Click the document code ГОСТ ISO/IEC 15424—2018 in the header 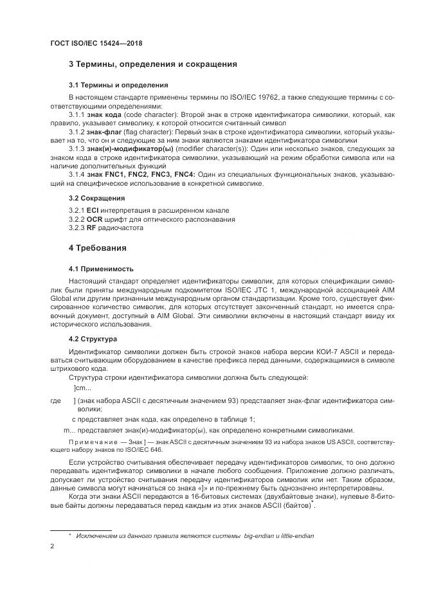(96, 44)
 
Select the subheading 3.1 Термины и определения (118, 85)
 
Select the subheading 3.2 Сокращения (96, 198)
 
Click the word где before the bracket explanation (56, 401)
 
